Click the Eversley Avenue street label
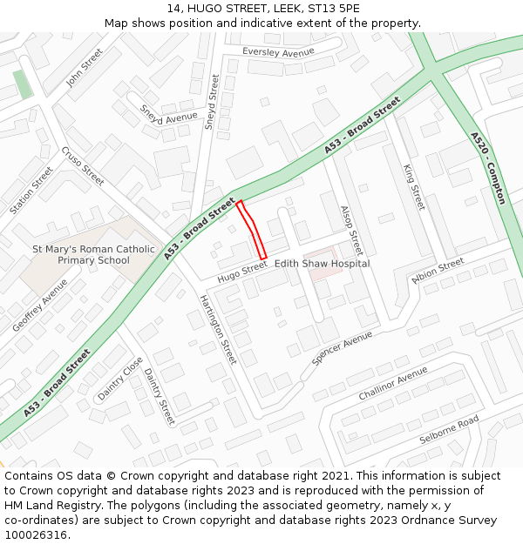pyautogui.click(x=278, y=53)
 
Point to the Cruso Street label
pyautogui.click(x=83, y=166)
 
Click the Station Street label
pyautogui.click(x=31, y=191)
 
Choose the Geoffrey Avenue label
pyautogui.click(x=40, y=306)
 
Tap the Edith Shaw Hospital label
pyautogui.click(x=322, y=264)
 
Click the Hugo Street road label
pyautogui.click(x=242, y=272)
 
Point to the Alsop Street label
pyautogui.click(x=350, y=230)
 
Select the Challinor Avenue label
pyautogui.click(x=393, y=383)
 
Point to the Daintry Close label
pyautogui.click(x=120, y=379)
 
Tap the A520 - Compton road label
pyautogui.click(x=487, y=168)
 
